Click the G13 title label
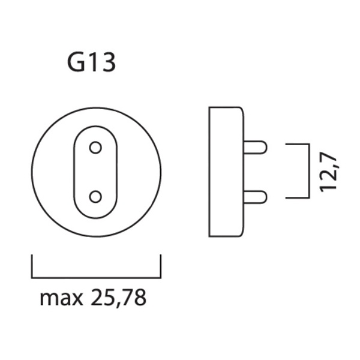(91, 62)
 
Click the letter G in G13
(76, 62)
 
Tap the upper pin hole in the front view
(95, 148)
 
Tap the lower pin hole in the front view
(95, 197)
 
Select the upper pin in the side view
(255, 147)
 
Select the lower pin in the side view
(255, 197)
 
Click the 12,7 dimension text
(328, 171)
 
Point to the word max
(61, 298)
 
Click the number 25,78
(118, 298)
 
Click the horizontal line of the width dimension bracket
(96, 278)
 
